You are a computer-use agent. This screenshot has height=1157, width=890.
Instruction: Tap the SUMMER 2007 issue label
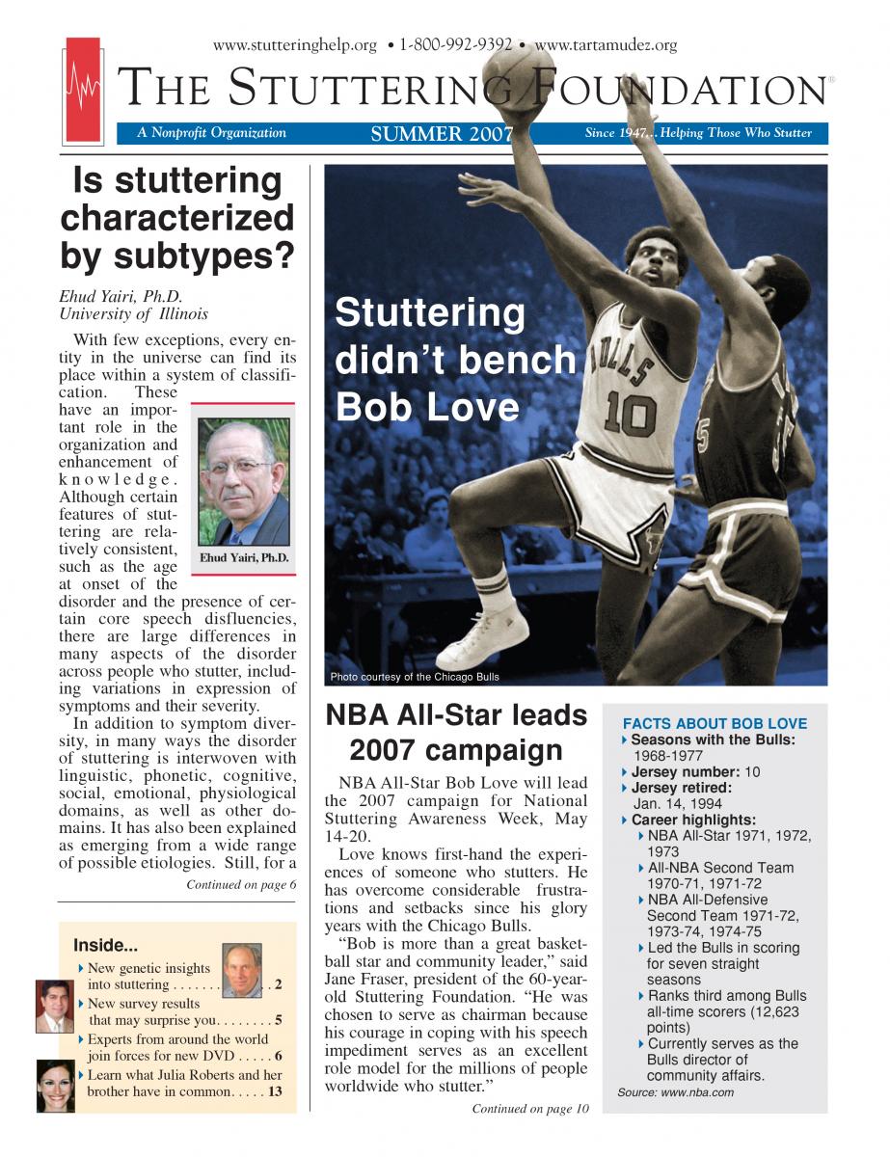click(x=442, y=134)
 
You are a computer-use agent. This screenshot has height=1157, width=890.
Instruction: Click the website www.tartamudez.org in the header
click(x=606, y=45)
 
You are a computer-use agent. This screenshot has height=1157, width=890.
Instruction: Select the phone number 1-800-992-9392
click(x=456, y=45)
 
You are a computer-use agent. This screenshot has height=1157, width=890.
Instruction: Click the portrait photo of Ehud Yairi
click(x=242, y=481)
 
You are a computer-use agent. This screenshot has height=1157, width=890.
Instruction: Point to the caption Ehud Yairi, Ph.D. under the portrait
click(x=243, y=557)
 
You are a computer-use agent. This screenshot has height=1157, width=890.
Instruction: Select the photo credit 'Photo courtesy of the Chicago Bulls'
click(x=415, y=677)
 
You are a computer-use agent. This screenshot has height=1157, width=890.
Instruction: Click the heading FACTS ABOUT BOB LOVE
click(x=715, y=724)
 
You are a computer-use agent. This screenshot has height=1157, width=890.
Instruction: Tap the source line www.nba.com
click(x=675, y=1092)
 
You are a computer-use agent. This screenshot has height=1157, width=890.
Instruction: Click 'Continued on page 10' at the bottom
click(x=529, y=1109)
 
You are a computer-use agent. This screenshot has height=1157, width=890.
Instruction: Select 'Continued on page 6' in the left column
click(x=241, y=884)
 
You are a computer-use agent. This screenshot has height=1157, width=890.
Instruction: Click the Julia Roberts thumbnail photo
click(x=54, y=1085)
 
